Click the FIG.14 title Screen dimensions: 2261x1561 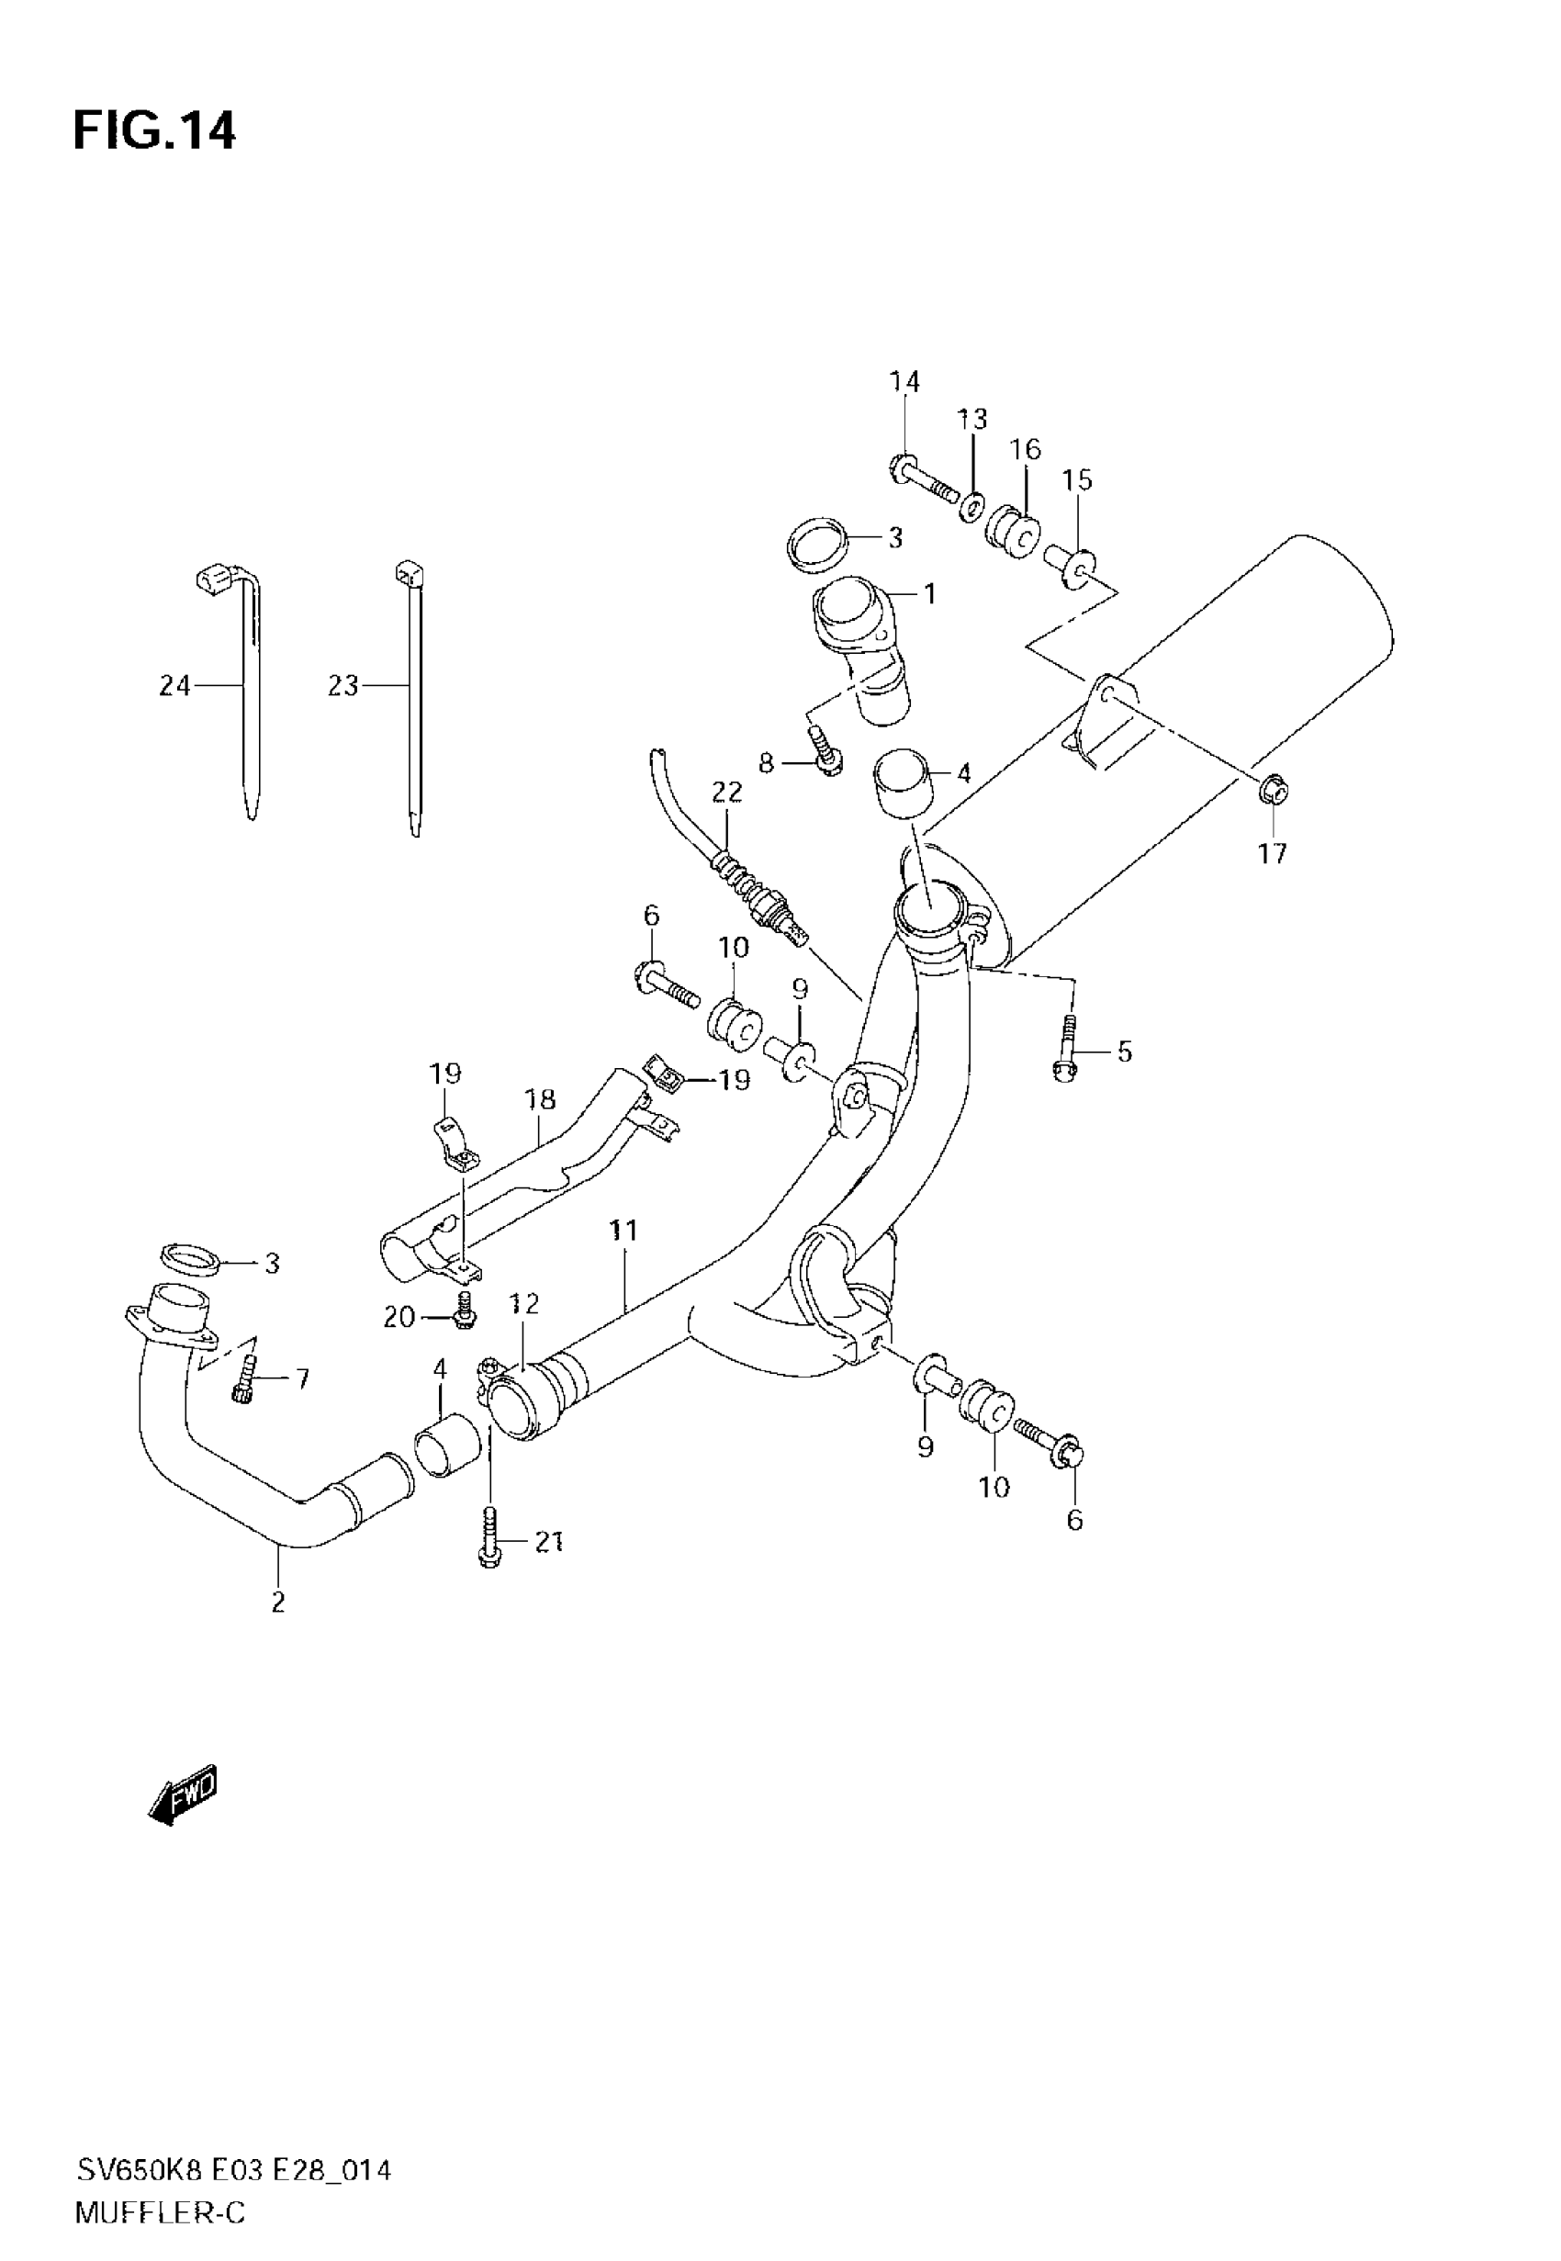(x=154, y=131)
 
